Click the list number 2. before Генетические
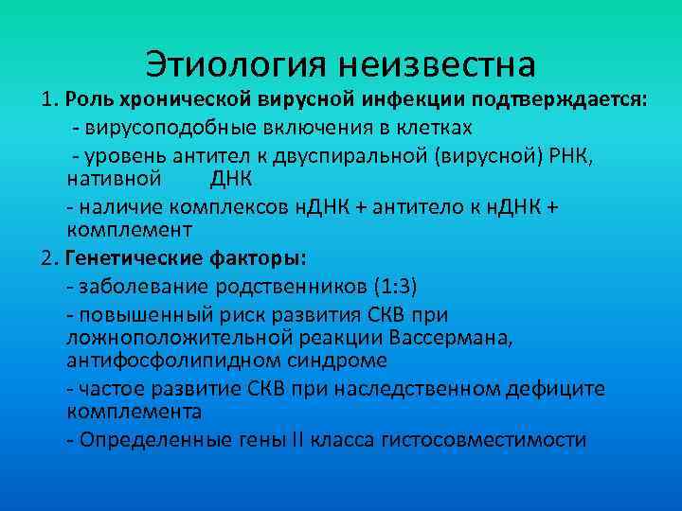(50, 257)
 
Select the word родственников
(278, 283)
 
